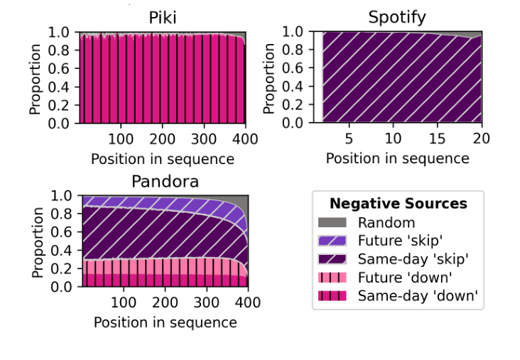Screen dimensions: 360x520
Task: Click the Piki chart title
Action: [x=162, y=18]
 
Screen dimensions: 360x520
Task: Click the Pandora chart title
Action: [x=165, y=182]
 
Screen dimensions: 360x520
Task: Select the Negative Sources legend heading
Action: [x=398, y=204]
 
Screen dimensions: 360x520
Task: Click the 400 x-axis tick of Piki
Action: [x=246, y=138]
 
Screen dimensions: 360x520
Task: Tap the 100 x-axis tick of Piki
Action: [x=121, y=138]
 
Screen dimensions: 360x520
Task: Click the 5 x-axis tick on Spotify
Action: [x=349, y=138]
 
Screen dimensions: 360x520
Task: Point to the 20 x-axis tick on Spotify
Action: [x=481, y=138]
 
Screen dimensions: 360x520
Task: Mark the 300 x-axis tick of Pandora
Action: [x=207, y=302]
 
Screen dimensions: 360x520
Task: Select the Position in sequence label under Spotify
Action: [x=398, y=158]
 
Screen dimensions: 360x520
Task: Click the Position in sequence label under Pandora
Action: [x=165, y=322]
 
